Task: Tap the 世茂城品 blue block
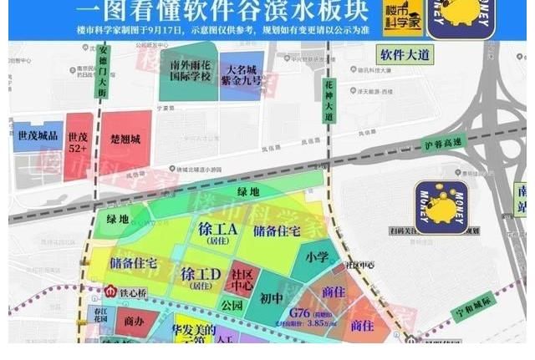tap(36, 135)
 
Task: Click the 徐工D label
tap(200, 274)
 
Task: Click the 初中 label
tap(272, 297)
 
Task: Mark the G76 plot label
tap(299, 313)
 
